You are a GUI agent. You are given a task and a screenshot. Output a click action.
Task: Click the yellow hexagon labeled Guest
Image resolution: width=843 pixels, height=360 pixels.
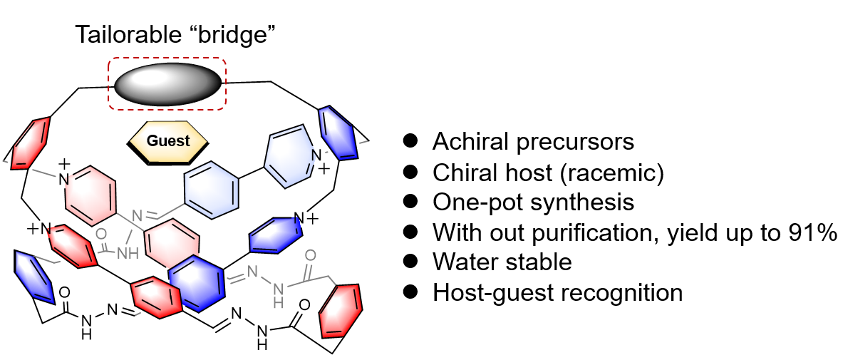[168, 141]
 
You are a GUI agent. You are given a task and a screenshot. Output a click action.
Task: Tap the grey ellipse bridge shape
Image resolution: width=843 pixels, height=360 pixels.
[167, 83]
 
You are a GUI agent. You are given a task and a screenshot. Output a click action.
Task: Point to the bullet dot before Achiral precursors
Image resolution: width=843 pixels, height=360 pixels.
[410, 141]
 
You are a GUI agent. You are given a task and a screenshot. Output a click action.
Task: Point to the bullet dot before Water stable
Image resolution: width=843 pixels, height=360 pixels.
[410, 262]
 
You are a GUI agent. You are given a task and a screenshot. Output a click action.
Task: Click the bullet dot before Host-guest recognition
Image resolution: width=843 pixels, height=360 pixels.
[410, 292]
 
